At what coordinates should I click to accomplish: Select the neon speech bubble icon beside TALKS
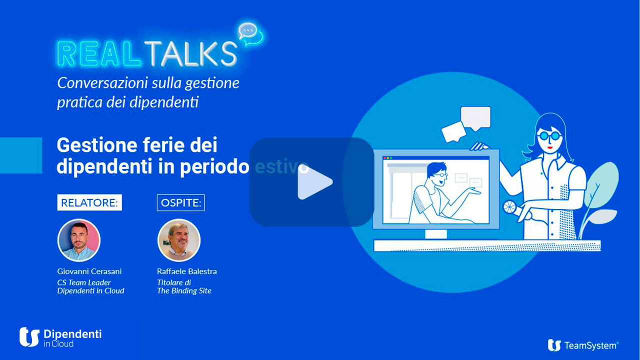[x=250, y=34]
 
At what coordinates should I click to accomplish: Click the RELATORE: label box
[x=89, y=203]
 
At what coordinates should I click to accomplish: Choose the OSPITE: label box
[x=180, y=203]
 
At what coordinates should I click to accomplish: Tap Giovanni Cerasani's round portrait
[x=79, y=240]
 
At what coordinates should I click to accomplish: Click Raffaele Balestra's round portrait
[x=179, y=240]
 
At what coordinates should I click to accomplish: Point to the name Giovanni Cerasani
[x=89, y=271]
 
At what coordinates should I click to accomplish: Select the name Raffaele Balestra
[x=187, y=271]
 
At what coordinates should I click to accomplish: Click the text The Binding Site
[x=184, y=291]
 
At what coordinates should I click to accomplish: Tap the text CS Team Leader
[x=84, y=282]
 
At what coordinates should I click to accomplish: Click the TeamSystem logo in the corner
[x=583, y=345]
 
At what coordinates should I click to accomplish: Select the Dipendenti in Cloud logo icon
[x=29, y=337]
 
